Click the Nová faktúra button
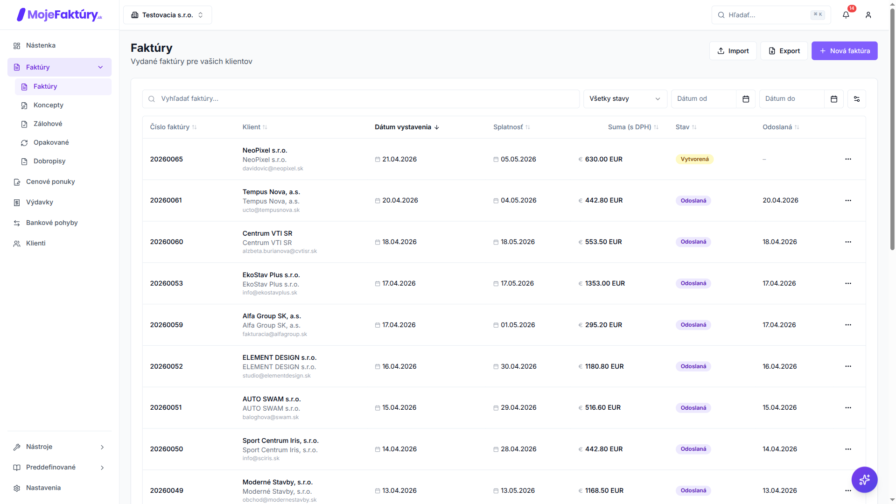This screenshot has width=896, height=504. (844, 51)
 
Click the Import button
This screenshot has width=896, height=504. (733, 51)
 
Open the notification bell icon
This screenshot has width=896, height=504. (846, 15)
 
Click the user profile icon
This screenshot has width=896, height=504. (868, 15)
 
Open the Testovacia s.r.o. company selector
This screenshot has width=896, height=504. (168, 15)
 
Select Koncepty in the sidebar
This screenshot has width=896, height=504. (49, 105)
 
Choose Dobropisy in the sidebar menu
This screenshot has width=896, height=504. (49, 161)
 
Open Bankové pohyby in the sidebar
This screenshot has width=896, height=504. (52, 223)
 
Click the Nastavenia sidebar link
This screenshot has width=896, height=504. (43, 488)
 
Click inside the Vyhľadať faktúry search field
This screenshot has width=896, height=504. (361, 99)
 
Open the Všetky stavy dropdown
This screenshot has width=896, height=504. (625, 99)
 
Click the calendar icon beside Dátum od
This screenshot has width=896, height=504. (746, 99)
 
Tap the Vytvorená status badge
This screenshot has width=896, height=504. (694, 159)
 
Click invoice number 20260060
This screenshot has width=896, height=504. (167, 242)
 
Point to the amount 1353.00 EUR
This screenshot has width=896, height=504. (605, 283)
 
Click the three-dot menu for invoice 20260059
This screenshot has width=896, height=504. (848, 325)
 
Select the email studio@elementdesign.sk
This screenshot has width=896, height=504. (276, 376)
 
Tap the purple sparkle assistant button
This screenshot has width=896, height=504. (864, 480)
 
